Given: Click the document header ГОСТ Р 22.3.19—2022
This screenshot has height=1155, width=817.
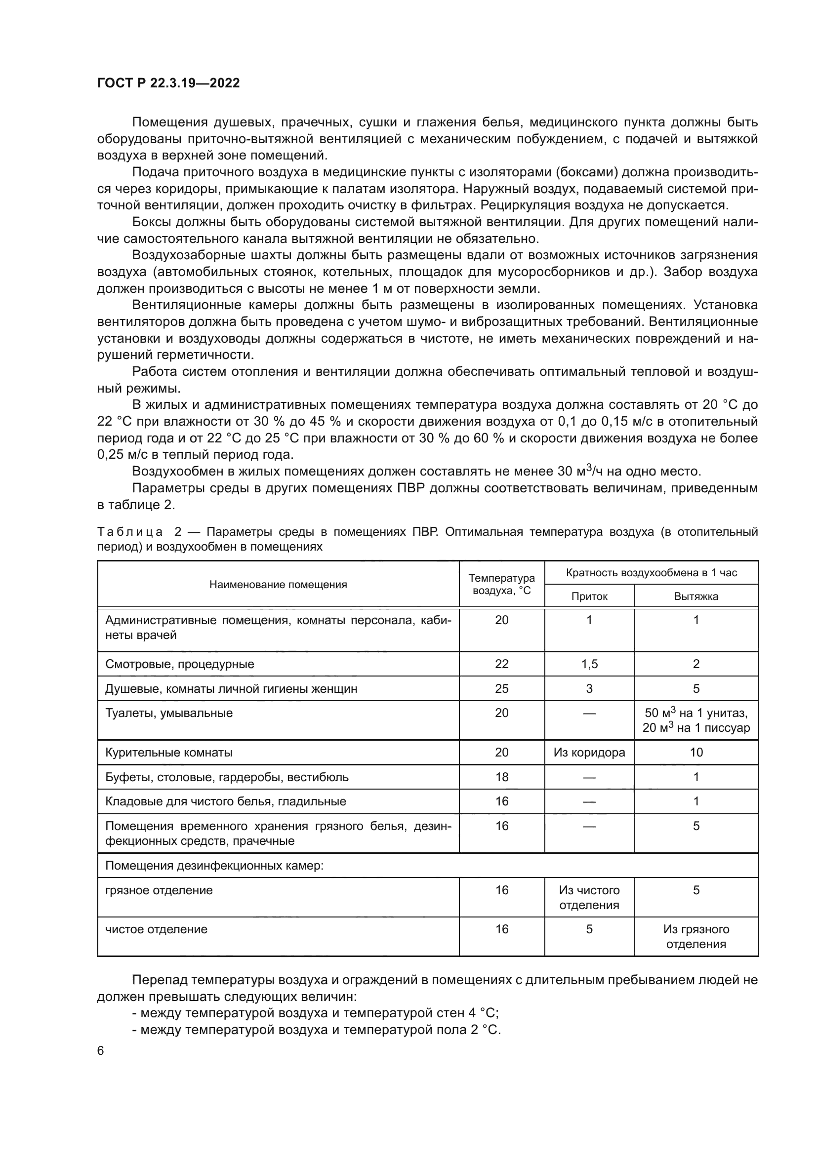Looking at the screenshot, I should (168, 83).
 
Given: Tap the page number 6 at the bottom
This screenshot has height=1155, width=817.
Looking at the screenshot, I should (101, 1050).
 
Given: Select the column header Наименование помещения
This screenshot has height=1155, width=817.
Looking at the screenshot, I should (278, 585).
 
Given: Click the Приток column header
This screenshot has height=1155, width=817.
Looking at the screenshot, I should (589, 597).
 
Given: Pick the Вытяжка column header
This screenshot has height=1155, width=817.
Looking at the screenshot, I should (696, 597).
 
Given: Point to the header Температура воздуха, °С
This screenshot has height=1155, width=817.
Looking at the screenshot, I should (501, 584).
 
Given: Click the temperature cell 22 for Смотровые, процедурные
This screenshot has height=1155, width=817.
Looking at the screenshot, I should (501, 664).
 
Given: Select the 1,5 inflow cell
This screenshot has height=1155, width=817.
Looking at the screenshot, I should (589, 664).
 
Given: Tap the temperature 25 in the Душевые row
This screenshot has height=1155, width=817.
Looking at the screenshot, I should (501, 689).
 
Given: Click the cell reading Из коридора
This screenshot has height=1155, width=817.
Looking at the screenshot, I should (589, 753).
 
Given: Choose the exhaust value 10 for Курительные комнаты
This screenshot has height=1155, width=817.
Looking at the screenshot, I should (696, 753).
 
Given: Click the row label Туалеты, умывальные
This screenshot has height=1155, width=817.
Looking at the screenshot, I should (168, 713).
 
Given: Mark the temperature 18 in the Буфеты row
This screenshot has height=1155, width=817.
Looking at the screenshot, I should (501, 777).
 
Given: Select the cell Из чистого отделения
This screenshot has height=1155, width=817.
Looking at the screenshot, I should (589, 897).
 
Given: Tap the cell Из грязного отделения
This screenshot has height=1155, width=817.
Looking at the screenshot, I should (696, 937).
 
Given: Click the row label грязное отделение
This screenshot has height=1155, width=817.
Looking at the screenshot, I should (159, 890).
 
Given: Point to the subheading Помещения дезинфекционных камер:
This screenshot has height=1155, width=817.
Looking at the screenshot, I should (214, 866).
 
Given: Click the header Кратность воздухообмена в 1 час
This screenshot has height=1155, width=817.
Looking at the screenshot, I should (651, 572).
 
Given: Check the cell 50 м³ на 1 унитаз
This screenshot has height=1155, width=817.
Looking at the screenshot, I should (696, 713).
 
